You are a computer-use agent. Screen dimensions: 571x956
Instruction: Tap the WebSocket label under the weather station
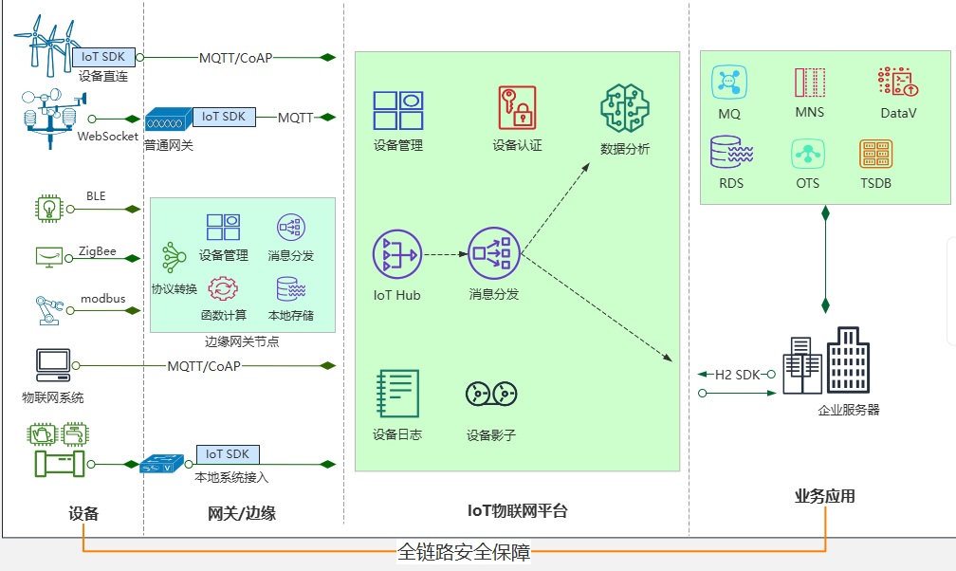pos(108,136)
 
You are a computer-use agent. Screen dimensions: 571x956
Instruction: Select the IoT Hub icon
pos(396,254)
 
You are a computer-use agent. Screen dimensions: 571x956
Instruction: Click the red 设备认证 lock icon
pos(517,107)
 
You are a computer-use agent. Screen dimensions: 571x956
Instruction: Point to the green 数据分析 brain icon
pos(625,107)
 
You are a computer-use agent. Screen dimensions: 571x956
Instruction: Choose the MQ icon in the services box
pos(729,83)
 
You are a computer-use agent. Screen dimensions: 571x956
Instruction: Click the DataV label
pos(898,113)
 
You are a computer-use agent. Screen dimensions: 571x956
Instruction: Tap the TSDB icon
pos(875,154)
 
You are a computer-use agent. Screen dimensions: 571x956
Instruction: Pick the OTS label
pos(808,183)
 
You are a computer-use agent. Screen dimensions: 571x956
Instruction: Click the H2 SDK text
pos(737,374)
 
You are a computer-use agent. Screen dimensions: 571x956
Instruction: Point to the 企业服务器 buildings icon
pos(825,361)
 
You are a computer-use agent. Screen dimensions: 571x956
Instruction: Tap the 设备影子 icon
pos(490,394)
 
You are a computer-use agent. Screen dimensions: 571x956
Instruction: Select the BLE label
pos(96,196)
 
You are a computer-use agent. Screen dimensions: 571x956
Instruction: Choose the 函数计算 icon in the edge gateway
pos(223,288)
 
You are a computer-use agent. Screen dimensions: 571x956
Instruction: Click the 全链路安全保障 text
pos(464,551)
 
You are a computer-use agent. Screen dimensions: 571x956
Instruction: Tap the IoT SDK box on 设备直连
pos(103,57)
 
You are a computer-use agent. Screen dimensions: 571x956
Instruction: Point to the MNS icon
pos(809,83)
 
